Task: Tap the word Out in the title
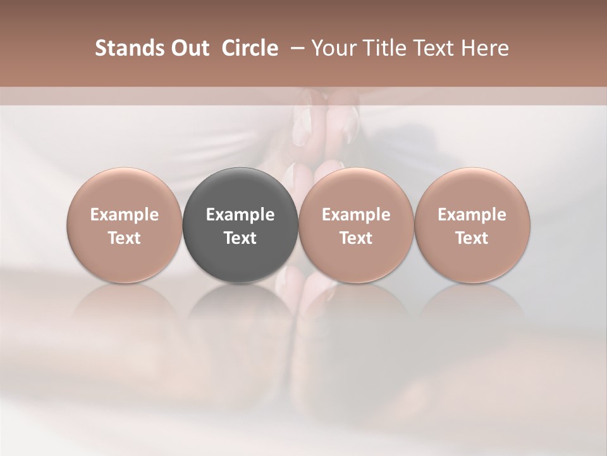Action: tap(188, 48)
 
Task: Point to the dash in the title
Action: tap(295, 48)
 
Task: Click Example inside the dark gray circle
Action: tap(240, 215)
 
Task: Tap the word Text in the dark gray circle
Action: tap(240, 238)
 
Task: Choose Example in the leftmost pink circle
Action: tap(125, 215)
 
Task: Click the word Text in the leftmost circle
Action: tap(125, 238)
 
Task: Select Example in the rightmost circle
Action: tap(472, 215)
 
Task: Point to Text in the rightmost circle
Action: tap(472, 238)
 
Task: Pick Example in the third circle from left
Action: tap(356, 215)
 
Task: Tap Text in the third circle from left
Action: tap(356, 238)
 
